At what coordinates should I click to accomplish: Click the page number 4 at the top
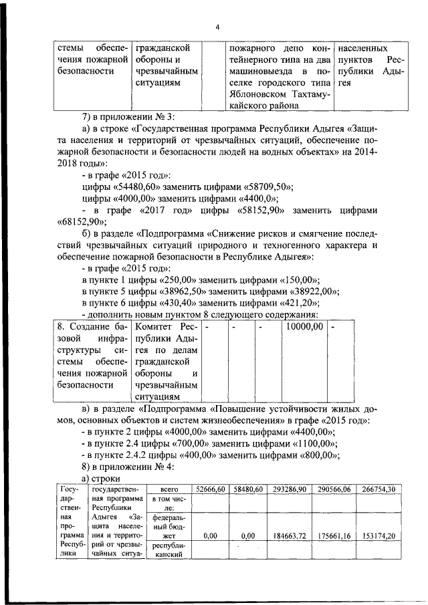point(217,27)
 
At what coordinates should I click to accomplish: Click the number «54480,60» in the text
point(148,186)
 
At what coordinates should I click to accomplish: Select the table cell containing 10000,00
point(304,326)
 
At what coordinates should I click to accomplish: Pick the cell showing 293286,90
point(290,489)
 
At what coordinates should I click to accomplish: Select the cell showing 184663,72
point(290,535)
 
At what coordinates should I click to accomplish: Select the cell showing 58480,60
point(247,489)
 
